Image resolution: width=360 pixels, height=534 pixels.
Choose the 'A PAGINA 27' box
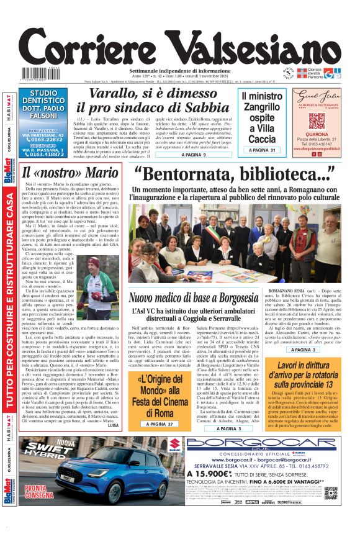pos(151,424)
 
